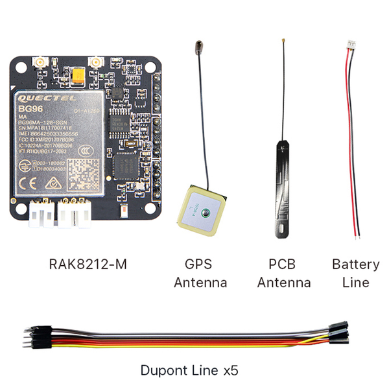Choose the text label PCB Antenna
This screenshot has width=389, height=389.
tap(284, 274)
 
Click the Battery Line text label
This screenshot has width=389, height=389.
tap(355, 273)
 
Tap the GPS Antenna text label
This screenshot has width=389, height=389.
tap(200, 274)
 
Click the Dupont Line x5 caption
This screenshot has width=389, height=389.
tap(189, 371)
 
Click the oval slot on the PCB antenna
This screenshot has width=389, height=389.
tap(285, 229)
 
